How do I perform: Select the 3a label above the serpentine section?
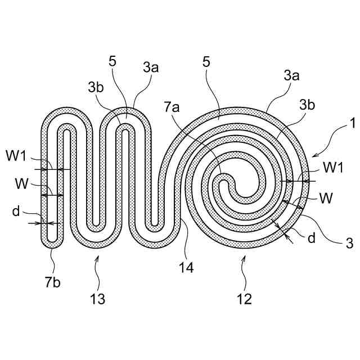coord(150,68)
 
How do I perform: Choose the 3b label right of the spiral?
coord(307,104)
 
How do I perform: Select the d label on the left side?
coord(16,211)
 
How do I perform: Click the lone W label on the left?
coord(19,184)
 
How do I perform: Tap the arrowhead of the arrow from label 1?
coord(312,155)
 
